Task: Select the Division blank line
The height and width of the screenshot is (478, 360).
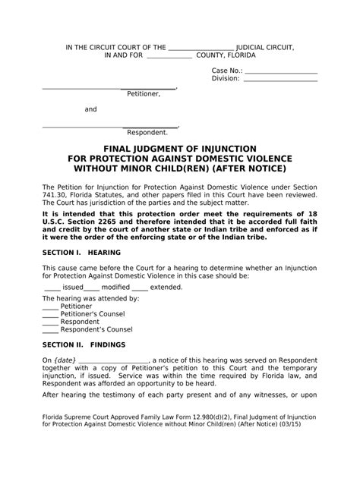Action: [280, 79]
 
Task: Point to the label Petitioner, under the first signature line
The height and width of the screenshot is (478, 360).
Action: [144, 93]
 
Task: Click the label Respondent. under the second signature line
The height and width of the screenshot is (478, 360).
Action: [147, 132]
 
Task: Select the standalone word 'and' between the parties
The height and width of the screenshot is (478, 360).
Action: [90, 109]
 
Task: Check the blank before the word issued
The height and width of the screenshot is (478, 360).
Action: [52, 288]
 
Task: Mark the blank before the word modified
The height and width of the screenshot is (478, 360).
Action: [91, 288]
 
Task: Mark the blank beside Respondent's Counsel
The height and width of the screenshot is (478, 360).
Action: [49, 329]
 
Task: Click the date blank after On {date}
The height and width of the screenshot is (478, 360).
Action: [113, 360]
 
